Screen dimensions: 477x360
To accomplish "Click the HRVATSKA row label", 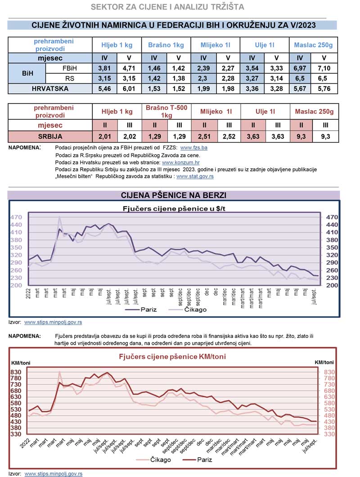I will coord(50,89).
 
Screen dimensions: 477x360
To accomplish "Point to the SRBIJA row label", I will coord(50,136).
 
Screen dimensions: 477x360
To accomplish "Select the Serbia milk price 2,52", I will coord(229,136).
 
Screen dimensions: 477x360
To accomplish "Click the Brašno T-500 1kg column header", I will coord(166,112).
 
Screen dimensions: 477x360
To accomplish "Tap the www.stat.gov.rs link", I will coord(195,177).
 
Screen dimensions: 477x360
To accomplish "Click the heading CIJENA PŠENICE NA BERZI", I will coord(174,195).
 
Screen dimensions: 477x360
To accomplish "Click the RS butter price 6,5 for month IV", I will coord(300,79).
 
